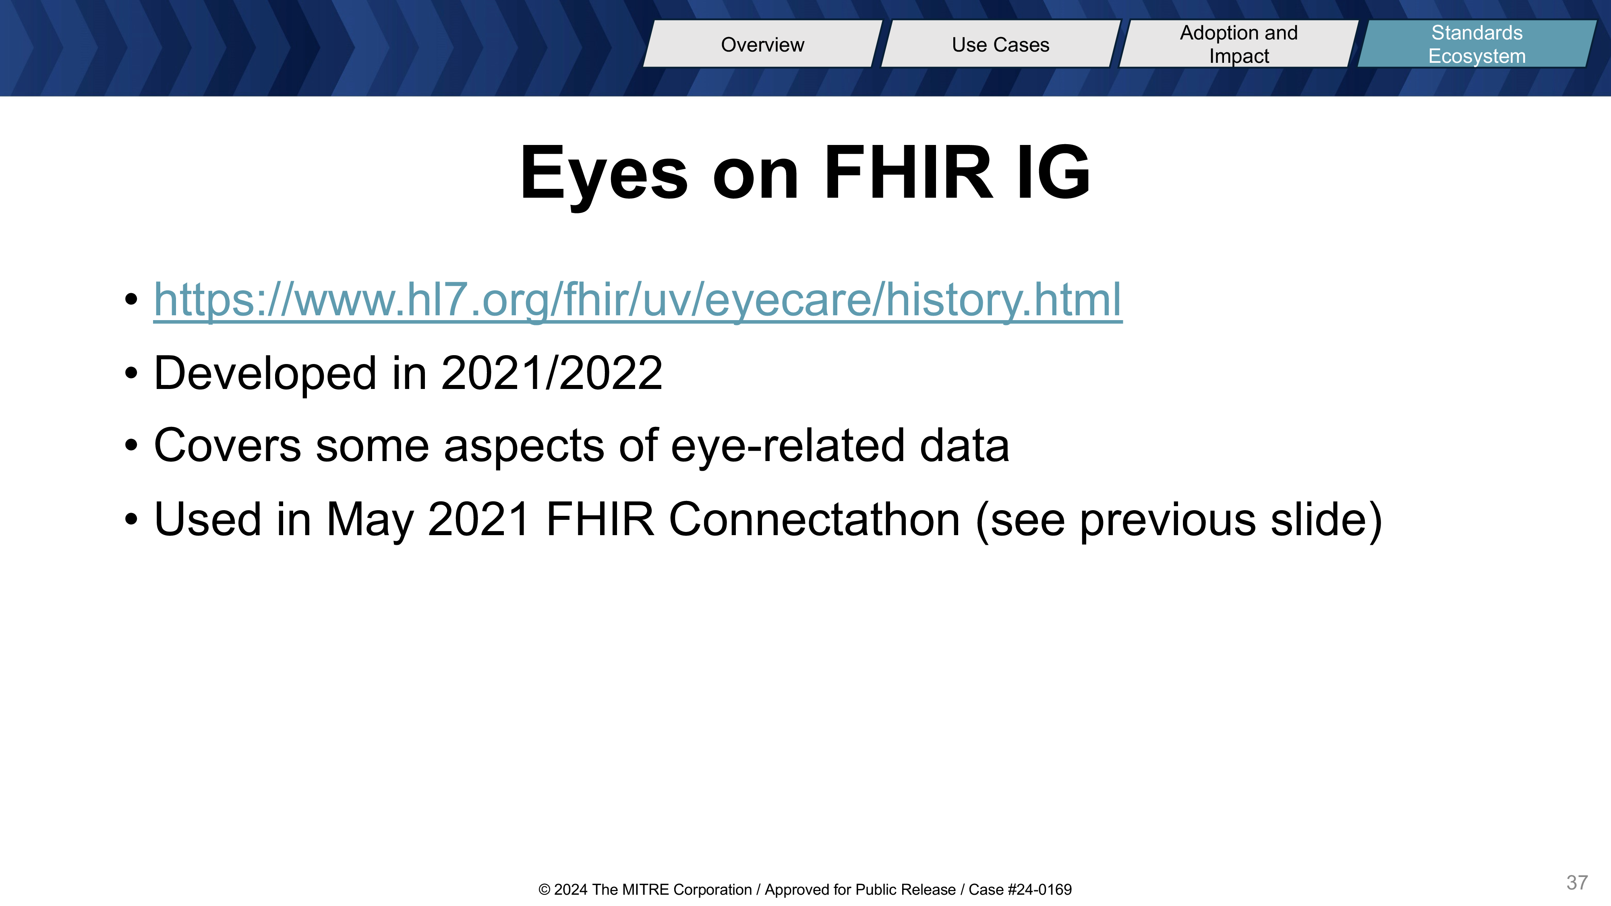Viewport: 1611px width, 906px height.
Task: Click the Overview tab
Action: point(762,44)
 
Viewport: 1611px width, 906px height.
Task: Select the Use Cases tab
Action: point(1000,44)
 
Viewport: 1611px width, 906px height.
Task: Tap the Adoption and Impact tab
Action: point(1239,44)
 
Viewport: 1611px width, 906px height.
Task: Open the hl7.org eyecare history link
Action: point(638,300)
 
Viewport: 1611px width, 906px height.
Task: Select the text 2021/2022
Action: point(552,373)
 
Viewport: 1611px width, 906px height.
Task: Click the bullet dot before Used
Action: point(131,519)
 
